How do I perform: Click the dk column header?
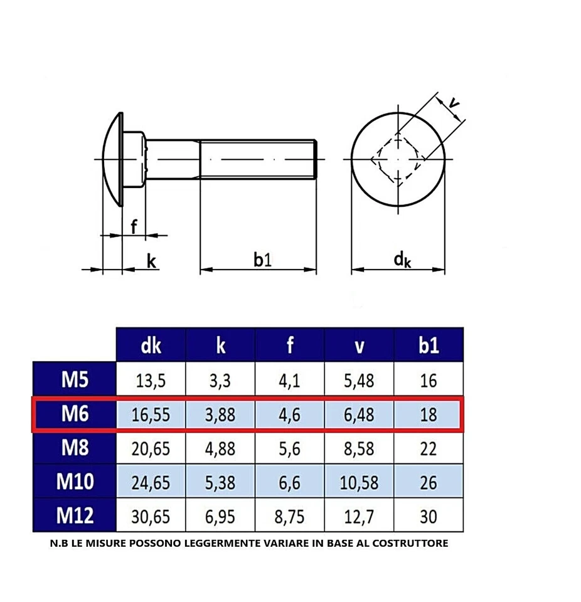coord(151,345)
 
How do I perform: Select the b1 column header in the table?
coord(429,345)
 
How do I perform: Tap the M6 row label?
coord(75,414)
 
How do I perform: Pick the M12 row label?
coord(75,515)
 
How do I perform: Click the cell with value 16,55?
coord(151,415)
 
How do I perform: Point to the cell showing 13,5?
coord(151,380)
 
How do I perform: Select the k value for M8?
coord(220,448)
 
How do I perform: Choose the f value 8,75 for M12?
coord(289,517)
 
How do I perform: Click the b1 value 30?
coord(429,517)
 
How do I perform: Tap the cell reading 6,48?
coord(359,415)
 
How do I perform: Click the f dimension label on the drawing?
coord(134,226)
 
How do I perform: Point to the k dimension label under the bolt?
coord(151,261)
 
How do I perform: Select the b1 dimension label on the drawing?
coord(262,260)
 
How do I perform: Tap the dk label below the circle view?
coord(402,260)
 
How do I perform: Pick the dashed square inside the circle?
coord(398,159)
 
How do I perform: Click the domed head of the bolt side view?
coord(113,159)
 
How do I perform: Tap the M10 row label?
coord(75,482)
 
